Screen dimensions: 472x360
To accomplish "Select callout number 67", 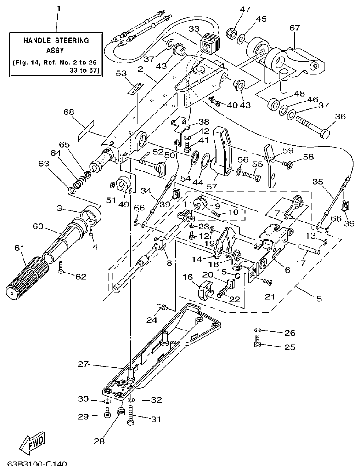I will (294, 28).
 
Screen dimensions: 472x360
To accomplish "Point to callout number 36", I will (340, 117).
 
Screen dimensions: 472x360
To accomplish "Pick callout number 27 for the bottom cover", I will (83, 365).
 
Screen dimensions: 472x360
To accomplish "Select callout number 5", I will (319, 299).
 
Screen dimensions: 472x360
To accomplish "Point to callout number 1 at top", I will (58, 8).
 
